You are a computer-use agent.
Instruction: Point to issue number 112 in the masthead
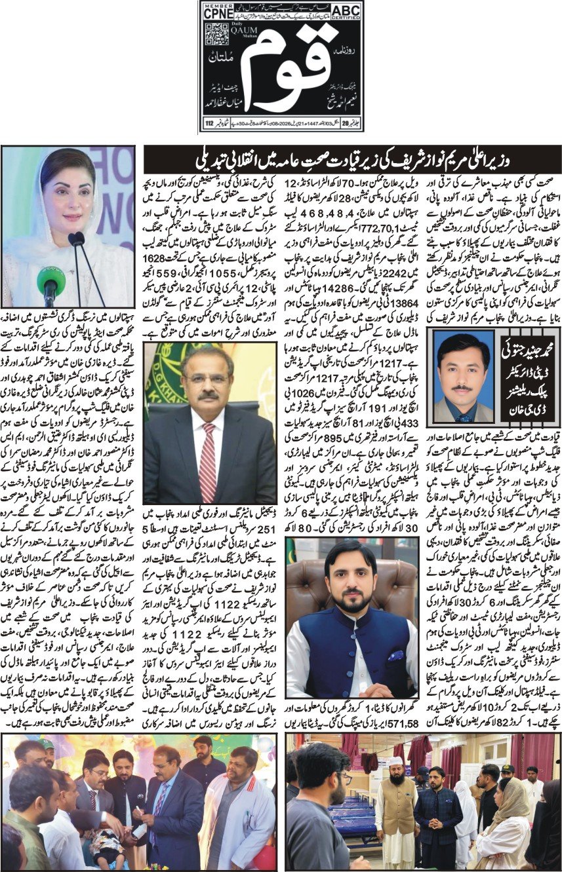pyautogui.click(x=209, y=122)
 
